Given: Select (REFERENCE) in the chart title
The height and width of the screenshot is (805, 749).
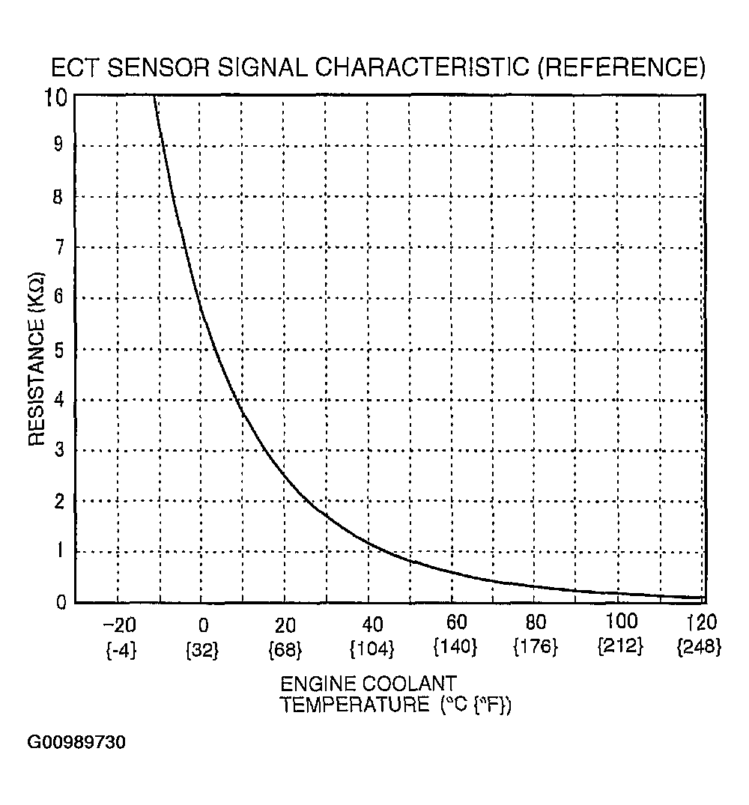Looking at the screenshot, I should click(622, 68).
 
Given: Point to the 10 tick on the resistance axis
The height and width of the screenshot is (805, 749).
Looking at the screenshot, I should click(58, 97).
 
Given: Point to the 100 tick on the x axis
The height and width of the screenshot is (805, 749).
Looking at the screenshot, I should click(621, 622).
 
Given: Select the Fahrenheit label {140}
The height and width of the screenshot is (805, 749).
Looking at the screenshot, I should click(454, 647).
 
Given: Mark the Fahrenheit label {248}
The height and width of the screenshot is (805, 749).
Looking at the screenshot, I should click(698, 647).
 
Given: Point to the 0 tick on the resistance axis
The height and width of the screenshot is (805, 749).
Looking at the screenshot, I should click(61, 601).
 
